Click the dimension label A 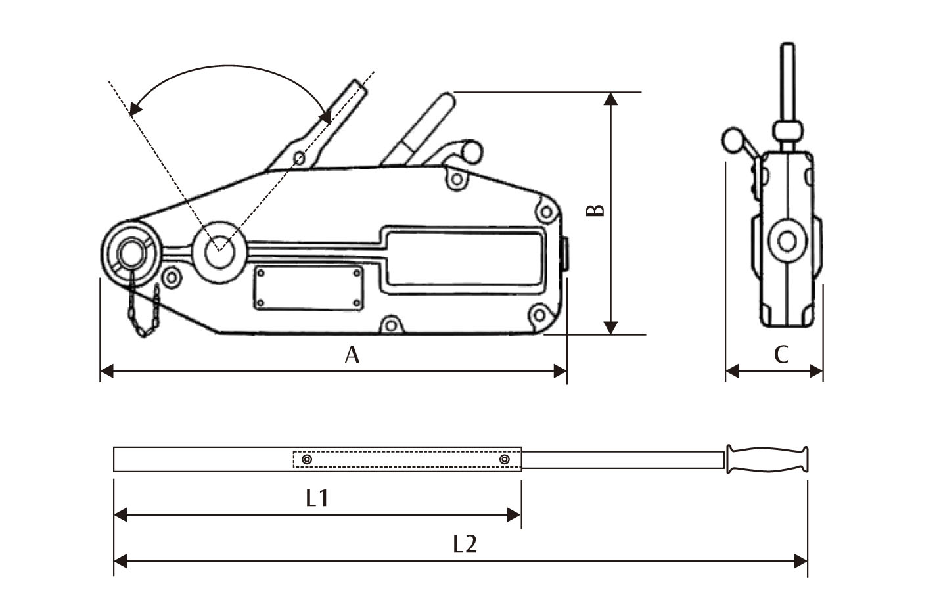352,355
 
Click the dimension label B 595,210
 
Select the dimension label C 781,355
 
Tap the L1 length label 317,499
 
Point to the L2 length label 465,544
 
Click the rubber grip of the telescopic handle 767,459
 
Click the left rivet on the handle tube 306,460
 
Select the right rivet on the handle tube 504,460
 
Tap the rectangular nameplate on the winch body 308,287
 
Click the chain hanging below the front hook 145,312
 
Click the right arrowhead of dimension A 560,372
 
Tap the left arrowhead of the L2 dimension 120,561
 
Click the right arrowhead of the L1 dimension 515,515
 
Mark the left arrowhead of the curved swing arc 135,108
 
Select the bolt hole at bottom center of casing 391,325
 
